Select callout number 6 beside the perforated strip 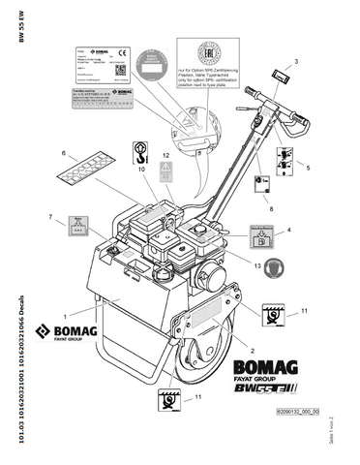point(65,153)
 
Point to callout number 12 point(166,155)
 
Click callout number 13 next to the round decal point(257,264)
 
